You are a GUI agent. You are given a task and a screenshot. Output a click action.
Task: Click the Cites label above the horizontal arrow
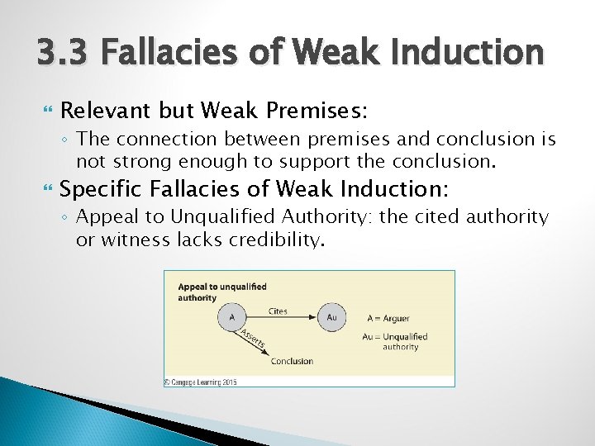coord(278,311)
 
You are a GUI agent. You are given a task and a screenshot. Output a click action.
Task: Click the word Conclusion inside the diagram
coord(292,361)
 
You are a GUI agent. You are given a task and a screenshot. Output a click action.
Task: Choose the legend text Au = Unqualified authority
coord(395,341)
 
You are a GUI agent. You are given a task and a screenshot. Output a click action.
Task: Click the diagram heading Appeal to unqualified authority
coord(221,292)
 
